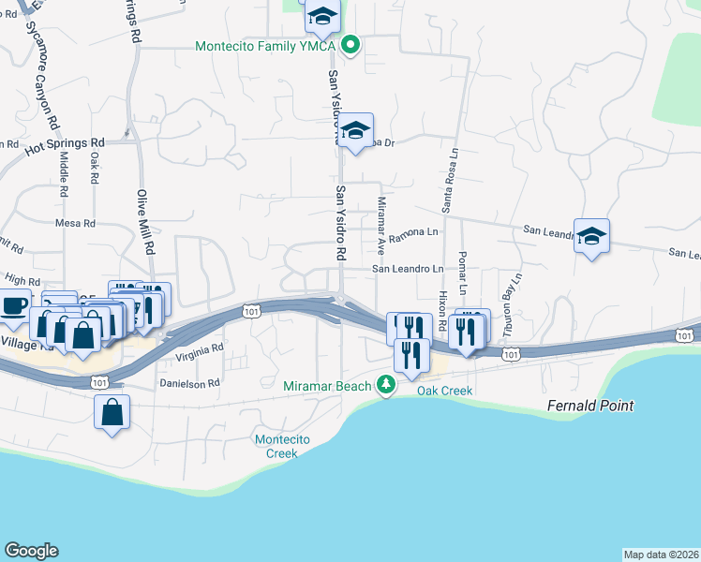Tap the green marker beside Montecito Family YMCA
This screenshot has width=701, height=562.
350,45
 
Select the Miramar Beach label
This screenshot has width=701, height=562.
327,385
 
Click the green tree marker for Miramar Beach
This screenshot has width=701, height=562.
385,385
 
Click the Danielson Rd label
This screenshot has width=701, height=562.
190,383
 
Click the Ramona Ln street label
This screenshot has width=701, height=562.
414,231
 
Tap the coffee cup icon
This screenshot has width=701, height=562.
13,305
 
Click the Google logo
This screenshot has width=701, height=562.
31,551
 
